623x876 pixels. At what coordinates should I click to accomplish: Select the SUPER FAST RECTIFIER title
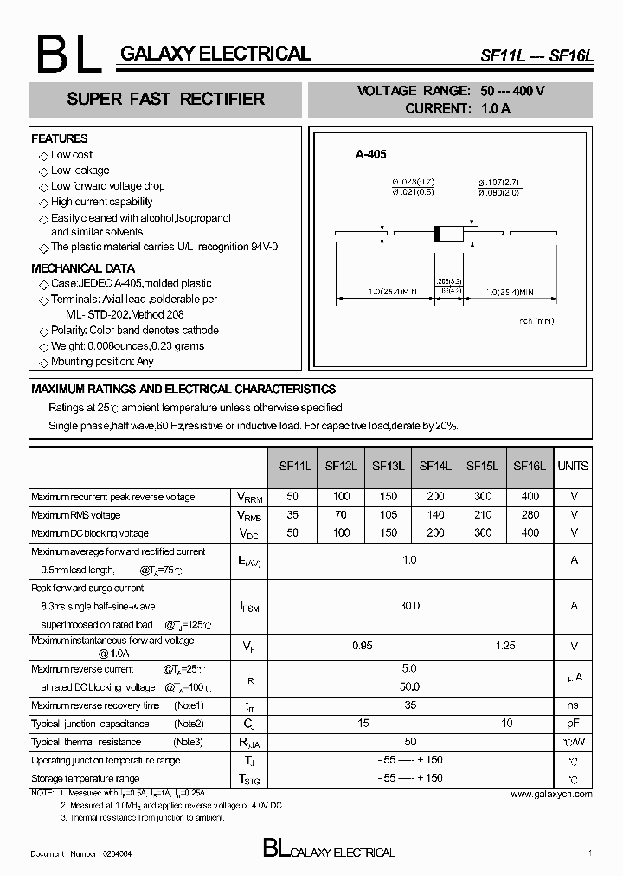tap(165, 100)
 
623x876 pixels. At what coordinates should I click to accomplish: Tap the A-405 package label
tap(370, 154)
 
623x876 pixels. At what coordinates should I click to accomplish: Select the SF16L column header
tap(530, 466)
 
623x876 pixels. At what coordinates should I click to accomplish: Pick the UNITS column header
tap(573, 466)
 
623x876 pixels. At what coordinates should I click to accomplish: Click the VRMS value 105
tap(389, 515)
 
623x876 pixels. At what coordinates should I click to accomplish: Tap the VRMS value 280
tap(530, 515)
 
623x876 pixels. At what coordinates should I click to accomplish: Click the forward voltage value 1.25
tap(505, 646)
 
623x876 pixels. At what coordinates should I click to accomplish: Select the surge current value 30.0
tap(409, 606)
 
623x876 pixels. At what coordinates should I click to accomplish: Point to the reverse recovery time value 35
tap(409, 705)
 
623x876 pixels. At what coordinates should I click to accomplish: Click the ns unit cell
tap(573, 705)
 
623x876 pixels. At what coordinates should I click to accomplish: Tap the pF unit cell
tap(573, 724)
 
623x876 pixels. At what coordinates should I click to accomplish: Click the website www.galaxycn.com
tap(551, 794)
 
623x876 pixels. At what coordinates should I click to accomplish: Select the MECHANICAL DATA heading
tap(83, 268)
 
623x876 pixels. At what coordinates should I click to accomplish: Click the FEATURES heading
tap(60, 138)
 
